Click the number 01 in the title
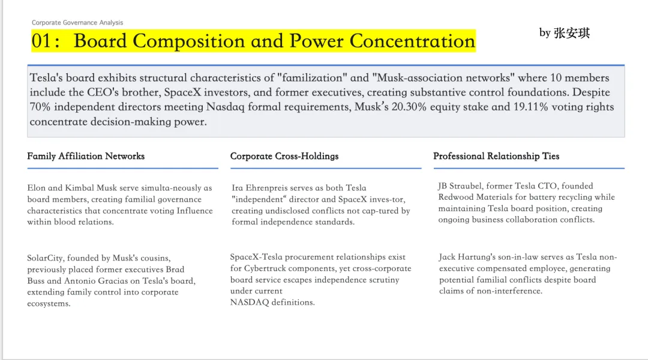click(41, 41)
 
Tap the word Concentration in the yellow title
click(412, 41)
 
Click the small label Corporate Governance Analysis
click(77, 22)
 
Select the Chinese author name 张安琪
click(572, 33)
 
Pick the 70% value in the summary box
click(40, 107)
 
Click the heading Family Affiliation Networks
click(86, 156)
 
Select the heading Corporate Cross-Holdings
click(284, 156)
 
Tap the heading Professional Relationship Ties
click(496, 156)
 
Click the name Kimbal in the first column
click(79, 188)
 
